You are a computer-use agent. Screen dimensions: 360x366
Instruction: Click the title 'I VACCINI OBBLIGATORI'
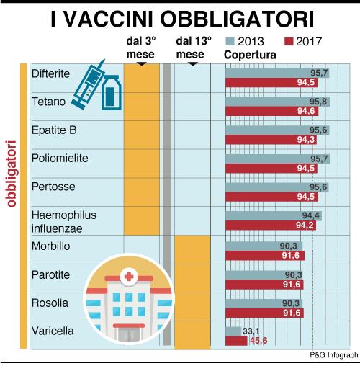point(182,19)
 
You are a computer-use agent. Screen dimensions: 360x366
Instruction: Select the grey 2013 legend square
point(230,41)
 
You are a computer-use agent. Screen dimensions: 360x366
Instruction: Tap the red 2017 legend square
point(289,41)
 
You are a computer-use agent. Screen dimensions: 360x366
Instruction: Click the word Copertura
point(250,55)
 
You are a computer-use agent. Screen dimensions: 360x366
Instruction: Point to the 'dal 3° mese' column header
point(140,48)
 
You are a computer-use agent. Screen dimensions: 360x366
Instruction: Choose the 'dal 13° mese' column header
point(194,48)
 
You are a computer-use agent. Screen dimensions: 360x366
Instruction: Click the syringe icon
point(89,84)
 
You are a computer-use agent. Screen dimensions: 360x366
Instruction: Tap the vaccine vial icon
point(111,92)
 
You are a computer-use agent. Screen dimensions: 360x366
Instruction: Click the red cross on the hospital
point(129,277)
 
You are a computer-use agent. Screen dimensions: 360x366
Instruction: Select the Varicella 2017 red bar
point(236,341)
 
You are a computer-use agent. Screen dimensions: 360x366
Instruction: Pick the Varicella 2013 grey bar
point(233,331)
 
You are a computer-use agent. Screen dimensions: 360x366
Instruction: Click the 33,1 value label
point(251,331)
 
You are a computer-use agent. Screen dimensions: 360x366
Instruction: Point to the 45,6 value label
point(258,341)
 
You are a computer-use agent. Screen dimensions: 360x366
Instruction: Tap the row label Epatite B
point(54,130)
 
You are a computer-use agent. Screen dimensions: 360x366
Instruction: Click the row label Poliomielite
point(60,159)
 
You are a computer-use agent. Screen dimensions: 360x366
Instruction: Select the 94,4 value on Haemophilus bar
point(311,215)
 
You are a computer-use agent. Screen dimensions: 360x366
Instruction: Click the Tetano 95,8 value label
point(318,102)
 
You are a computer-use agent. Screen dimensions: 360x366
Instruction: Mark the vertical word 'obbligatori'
point(12,174)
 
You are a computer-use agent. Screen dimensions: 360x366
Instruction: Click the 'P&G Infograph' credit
point(334,355)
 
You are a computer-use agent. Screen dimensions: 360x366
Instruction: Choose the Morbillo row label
point(50,246)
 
